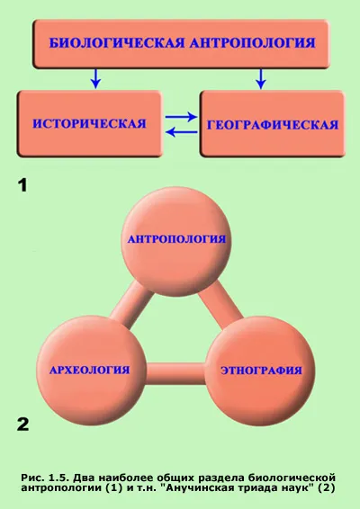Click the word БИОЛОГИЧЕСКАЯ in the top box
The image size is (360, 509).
pyautogui.click(x=117, y=43)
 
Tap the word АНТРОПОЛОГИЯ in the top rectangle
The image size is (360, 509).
pyautogui.click(x=253, y=43)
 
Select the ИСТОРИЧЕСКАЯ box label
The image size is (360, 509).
pyautogui.click(x=89, y=124)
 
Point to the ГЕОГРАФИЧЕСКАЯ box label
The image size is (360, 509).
pyautogui.click(x=273, y=125)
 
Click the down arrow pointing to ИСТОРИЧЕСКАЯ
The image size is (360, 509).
pyautogui.click(x=95, y=78)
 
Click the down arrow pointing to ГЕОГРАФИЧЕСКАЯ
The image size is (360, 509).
pyautogui.click(x=261, y=78)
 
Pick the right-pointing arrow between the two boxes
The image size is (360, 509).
pyautogui.click(x=181, y=117)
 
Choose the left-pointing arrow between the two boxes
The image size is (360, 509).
pyautogui.click(x=181, y=132)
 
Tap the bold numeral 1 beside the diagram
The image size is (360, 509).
pyautogui.click(x=22, y=186)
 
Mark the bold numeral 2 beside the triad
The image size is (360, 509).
pyautogui.click(x=22, y=424)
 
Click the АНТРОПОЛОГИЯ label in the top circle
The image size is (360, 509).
pyautogui.click(x=176, y=239)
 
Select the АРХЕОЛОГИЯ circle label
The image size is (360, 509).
pyautogui.click(x=90, y=371)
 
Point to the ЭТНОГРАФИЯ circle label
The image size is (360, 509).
pyautogui.click(x=262, y=371)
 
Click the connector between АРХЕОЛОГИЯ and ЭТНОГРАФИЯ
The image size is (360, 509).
pyautogui.click(x=175, y=373)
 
